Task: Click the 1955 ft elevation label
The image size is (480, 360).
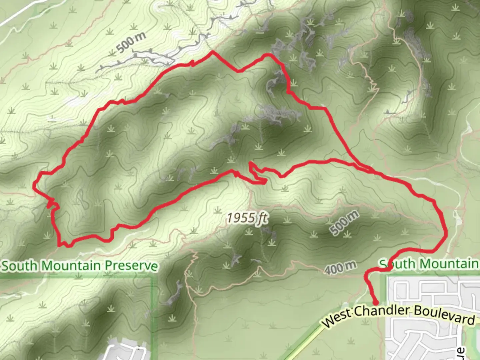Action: pyautogui.click(x=247, y=218)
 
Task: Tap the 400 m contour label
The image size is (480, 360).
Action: pyautogui.click(x=340, y=267)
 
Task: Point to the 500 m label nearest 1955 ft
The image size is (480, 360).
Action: pyautogui.click(x=344, y=223)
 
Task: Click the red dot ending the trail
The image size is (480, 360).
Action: pyautogui.click(x=375, y=303)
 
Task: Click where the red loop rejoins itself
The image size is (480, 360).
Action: pyautogui.click(x=372, y=171)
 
